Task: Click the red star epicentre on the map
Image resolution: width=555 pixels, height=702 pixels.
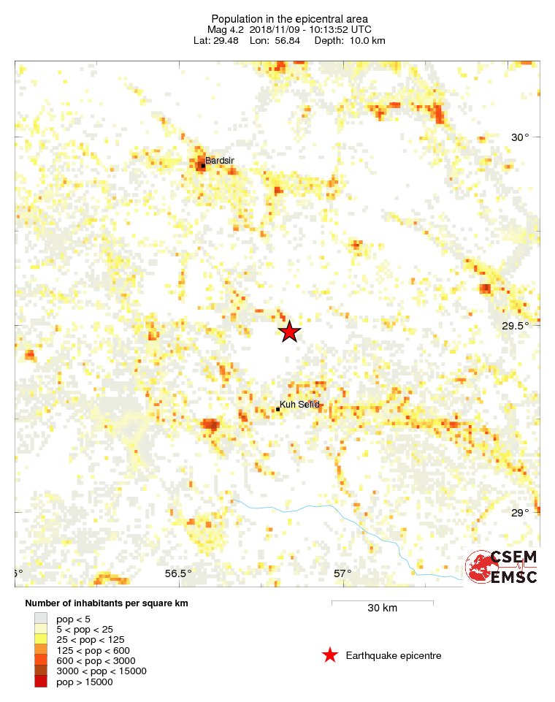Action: tap(290, 332)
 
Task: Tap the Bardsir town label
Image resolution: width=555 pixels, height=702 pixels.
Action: tap(220, 160)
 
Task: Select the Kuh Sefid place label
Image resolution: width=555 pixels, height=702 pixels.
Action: tap(300, 404)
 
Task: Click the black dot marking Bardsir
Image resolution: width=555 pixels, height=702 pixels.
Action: tap(203, 166)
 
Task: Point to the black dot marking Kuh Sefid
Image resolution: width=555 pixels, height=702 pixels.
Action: tap(278, 409)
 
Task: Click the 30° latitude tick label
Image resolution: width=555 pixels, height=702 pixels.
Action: tap(520, 137)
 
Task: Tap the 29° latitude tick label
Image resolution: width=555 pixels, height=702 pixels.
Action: tap(520, 513)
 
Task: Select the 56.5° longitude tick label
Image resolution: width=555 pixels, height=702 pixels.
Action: tap(178, 573)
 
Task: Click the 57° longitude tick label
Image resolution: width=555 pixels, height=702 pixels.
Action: tap(343, 573)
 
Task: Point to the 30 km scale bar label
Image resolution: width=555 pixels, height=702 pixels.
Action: tap(382, 608)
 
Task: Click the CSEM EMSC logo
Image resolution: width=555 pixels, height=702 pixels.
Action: tap(502, 567)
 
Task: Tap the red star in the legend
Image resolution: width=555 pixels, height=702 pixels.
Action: tap(330, 655)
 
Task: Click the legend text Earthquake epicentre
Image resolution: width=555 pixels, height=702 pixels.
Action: tap(394, 655)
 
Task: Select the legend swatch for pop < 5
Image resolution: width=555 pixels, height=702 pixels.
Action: tap(41, 619)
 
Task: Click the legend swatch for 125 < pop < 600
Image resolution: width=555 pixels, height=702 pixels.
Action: tap(41, 650)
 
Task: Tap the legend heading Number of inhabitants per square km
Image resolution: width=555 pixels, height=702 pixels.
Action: tap(107, 603)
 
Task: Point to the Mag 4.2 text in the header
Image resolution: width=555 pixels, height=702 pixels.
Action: tap(226, 29)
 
